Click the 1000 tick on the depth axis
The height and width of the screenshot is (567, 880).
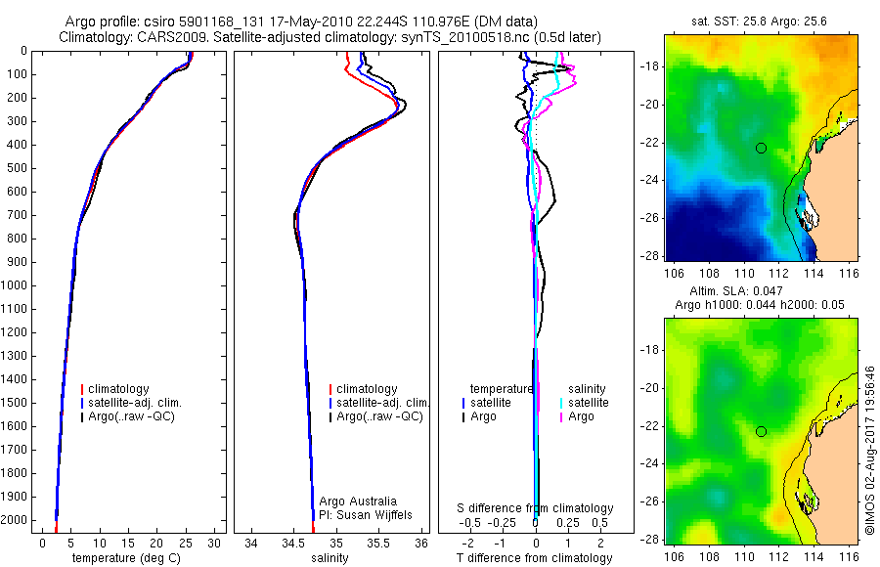pos(16,285)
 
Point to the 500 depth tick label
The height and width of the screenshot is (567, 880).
pos(16,168)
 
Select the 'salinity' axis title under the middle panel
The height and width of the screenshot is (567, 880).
pos(330,558)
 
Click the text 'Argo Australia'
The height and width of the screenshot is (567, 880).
pos(358,502)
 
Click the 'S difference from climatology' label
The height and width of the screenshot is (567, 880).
pos(536,508)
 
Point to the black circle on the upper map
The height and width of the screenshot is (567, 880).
pos(761,148)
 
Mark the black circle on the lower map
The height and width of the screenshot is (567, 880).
pos(761,431)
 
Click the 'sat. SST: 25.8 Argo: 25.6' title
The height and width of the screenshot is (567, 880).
pos(762,20)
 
